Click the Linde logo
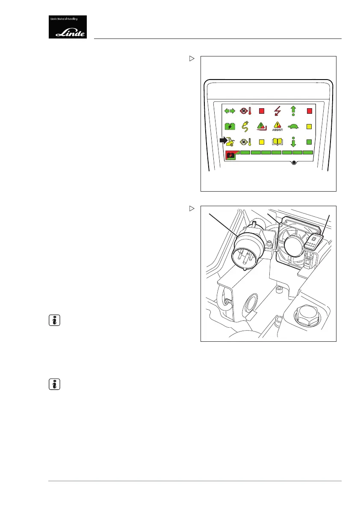click(x=68, y=27)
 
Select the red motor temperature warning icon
click(x=246, y=111)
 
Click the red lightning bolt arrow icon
click(x=277, y=111)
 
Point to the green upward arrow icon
click(x=293, y=111)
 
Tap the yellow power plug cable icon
click(x=246, y=127)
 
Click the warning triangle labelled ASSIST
click(x=277, y=126)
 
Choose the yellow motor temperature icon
click(x=246, y=142)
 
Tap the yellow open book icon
click(x=277, y=142)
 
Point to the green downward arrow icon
click(x=293, y=142)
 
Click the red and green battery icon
click(x=230, y=155)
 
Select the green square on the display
click(x=310, y=142)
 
